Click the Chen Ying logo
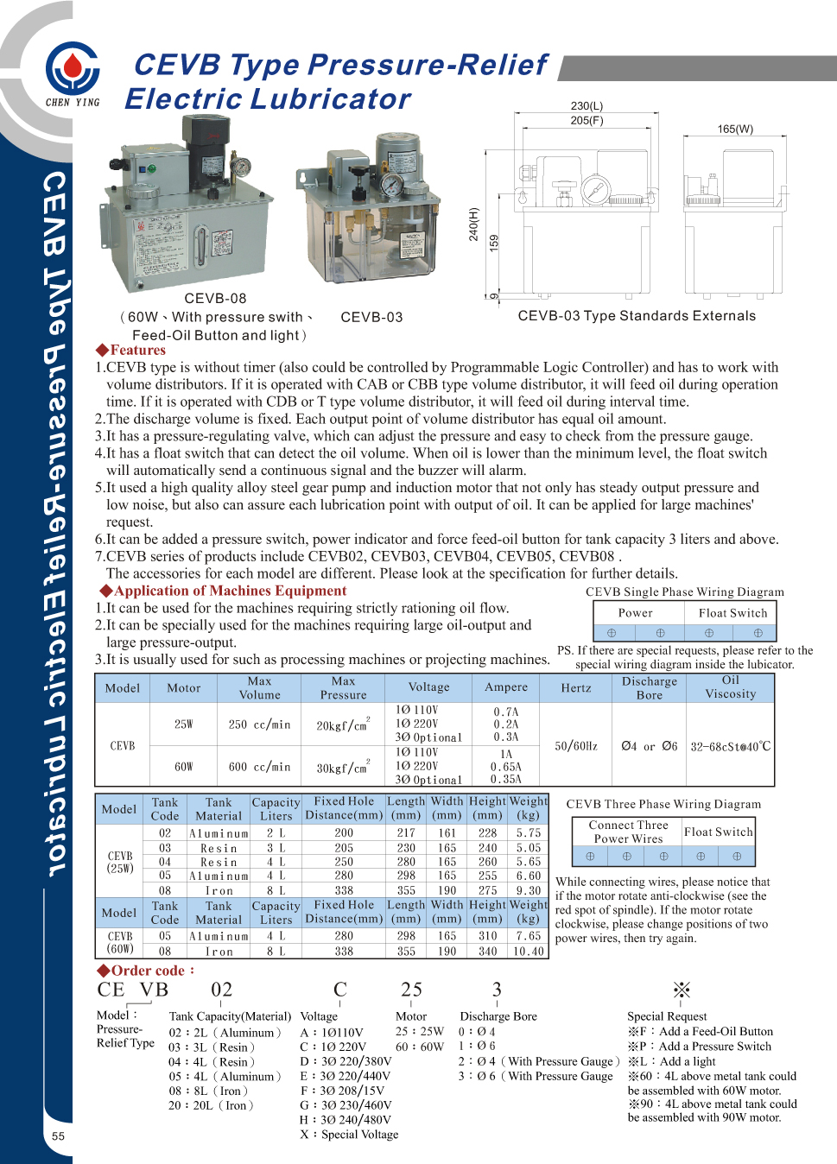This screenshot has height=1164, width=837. click(x=73, y=71)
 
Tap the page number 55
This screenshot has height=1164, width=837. click(x=58, y=1136)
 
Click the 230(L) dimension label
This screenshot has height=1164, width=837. click(x=587, y=106)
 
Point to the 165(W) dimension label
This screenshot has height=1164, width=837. click(x=735, y=129)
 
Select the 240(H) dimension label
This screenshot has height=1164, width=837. click(x=473, y=224)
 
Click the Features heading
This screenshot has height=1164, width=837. click(x=130, y=350)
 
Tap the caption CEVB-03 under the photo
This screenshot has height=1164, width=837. click(x=371, y=317)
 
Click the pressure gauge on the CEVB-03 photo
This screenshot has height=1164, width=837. click(x=393, y=186)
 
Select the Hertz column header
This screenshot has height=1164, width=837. click(x=576, y=688)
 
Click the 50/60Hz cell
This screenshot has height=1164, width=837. click(x=576, y=746)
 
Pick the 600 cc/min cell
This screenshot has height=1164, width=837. click(x=259, y=767)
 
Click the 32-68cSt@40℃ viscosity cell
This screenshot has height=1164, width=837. click(x=730, y=746)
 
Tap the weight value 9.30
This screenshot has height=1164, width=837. click(x=528, y=890)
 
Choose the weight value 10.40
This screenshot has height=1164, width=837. click(x=528, y=951)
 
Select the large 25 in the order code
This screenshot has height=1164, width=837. click(x=411, y=990)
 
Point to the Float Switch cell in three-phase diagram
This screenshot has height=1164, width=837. click(x=719, y=832)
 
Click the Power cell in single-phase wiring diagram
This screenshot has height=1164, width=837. click(x=635, y=612)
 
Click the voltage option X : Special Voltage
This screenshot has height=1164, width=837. click(x=349, y=1134)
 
